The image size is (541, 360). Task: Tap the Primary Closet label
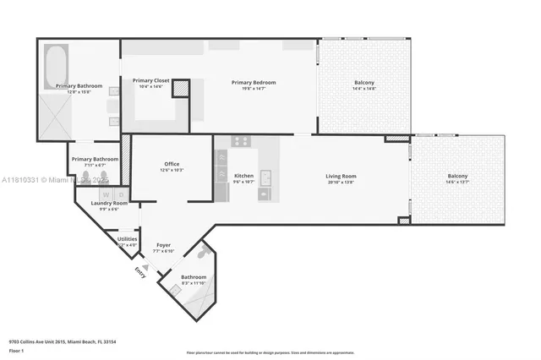point(151,81)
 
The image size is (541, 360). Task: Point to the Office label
point(172,164)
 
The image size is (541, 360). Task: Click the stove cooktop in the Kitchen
point(241,142)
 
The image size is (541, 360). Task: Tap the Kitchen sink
point(265,177)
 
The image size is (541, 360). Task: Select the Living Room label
point(342,177)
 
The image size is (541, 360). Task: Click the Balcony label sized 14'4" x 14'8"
point(364,82)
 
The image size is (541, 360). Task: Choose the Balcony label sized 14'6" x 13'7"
point(457,177)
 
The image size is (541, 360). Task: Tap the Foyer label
point(163,245)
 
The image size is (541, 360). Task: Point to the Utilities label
point(127,239)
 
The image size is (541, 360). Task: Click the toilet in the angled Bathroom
point(203,252)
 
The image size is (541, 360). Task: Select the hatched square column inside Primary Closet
point(180,89)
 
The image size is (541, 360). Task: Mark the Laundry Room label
point(109,203)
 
